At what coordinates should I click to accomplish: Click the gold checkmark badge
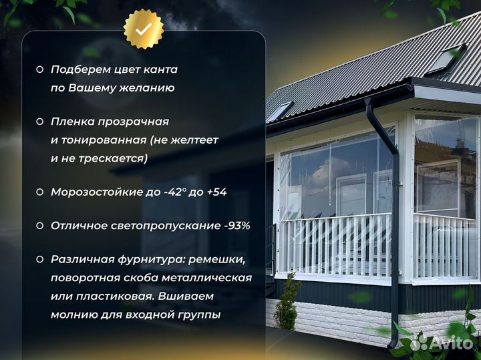coord(144,29)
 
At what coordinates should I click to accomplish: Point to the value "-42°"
coord(176,192)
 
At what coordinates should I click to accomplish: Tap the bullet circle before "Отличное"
coord(39,226)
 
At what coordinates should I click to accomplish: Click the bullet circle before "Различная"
coord(39,259)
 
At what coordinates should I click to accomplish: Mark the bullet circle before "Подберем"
coord(39,69)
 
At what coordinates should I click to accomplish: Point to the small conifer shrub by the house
coord(287,304)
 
